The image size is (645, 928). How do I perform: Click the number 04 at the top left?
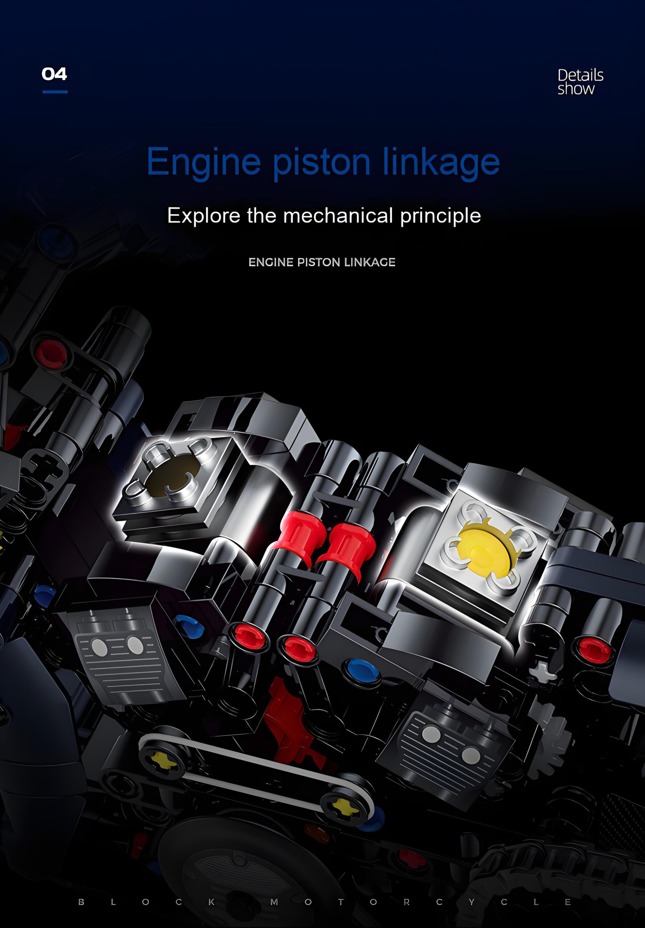tap(54, 74)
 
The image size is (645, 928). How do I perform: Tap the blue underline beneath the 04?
tap(55, 92)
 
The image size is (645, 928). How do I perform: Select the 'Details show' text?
tap(580, 82)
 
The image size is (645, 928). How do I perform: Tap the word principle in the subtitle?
tap(441, 216)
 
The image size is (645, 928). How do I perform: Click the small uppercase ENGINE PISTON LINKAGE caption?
tap(322, 262)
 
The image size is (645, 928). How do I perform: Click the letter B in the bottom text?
tap(81, 902)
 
